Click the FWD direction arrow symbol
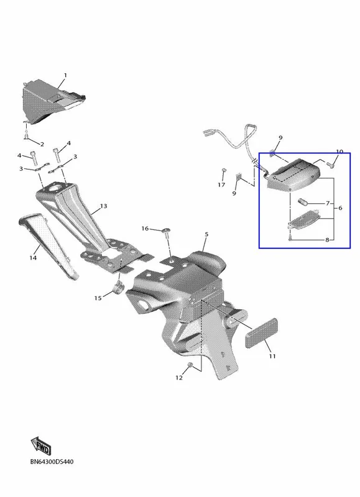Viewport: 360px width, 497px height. (41, 445)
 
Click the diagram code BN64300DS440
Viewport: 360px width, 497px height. (52, 462)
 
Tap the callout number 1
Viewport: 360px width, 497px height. (65, 75)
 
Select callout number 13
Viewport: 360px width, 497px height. (104, 206)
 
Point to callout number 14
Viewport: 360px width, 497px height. (33, 258)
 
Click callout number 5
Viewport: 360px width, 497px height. (206, 235)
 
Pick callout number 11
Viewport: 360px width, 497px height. (272, 356)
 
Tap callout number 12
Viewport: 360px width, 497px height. (179, 378)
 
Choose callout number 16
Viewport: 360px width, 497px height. (145, 229)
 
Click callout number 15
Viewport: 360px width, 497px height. (98, 298)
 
